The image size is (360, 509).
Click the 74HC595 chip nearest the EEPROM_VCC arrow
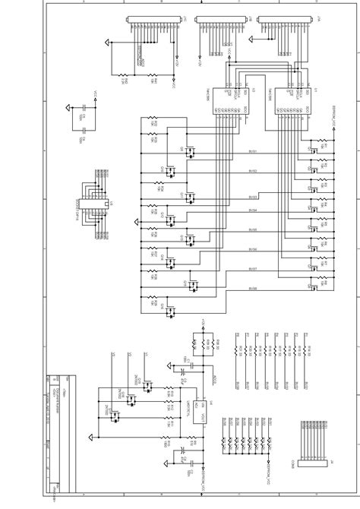tap(298, 99)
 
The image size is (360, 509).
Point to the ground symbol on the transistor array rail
tap(137, 222)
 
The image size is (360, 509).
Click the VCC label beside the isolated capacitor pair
tap(95, 101)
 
